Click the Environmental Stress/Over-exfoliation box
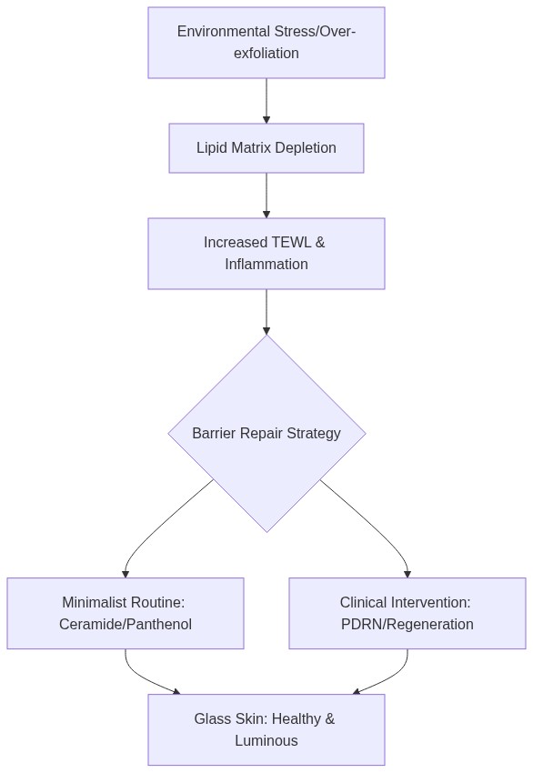(x=266, y=43)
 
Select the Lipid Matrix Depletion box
(x=266, y=148)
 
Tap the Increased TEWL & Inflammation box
(x=266, y=254)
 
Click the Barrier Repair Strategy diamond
(x=266, y=433)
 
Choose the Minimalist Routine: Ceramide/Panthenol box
(x=126, y=613)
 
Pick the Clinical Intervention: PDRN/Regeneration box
(x=407, y=613)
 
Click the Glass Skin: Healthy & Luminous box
(x=266, y=729)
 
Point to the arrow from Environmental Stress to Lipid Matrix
(x=266, y=101)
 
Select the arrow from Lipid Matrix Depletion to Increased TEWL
(x=266, y=196)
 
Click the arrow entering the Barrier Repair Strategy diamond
(x=266, y=312)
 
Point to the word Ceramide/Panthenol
(x=126, y=624)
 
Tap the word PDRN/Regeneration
(x=407, y=624)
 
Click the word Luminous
(x=266, y=740)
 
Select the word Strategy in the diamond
(x=314, y=433)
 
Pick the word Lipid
(x=209, y=148)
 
